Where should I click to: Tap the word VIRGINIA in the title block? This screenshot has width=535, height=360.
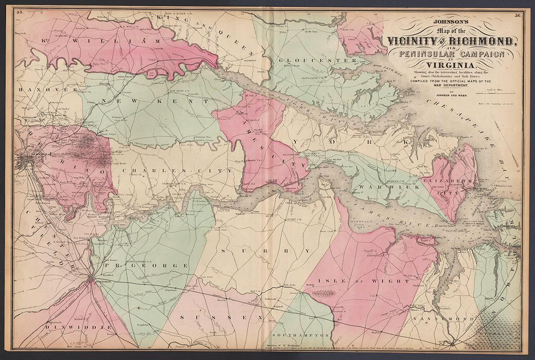[x=450, y=66]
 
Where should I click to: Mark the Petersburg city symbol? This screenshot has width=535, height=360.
[x=91, y=278]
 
